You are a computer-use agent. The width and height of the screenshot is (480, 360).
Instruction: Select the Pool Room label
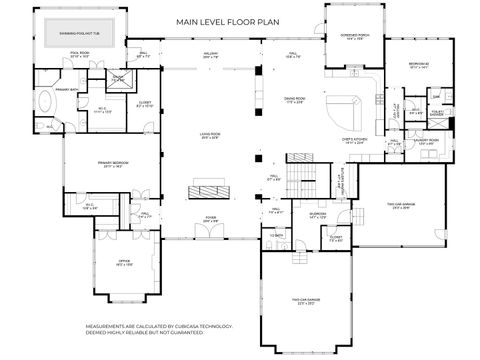point(80,55)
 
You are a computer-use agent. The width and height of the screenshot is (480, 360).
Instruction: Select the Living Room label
point(208,137)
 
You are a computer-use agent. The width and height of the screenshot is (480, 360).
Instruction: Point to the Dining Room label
point(293,100)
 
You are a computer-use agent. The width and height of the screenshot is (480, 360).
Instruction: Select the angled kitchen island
point(347,109)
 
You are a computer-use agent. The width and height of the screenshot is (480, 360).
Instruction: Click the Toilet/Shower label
point(436,113)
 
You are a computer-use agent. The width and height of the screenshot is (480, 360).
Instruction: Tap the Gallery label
point(211,56)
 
